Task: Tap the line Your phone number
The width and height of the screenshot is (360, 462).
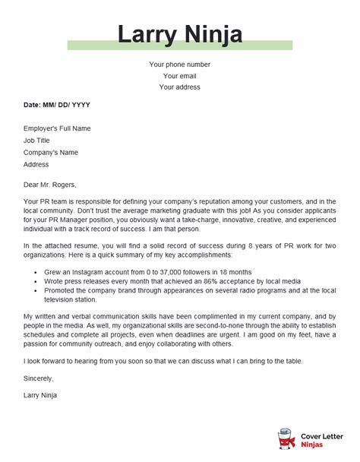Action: (180, 65)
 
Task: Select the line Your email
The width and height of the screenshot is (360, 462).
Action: (180, 76)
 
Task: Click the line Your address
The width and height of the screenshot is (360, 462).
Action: (180, 87)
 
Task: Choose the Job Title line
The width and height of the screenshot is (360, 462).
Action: (38, 141)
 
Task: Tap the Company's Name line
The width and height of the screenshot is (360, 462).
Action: (51, 153)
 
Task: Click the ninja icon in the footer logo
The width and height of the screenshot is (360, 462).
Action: (286, 439)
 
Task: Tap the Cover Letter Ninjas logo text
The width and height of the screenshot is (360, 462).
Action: (324, 439)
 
